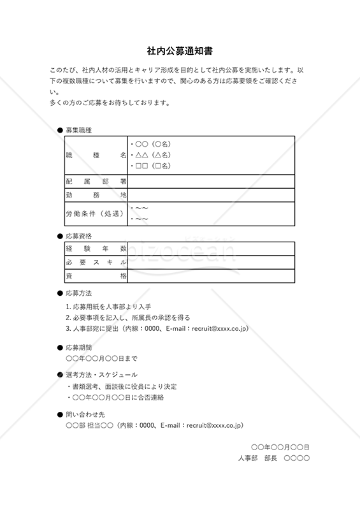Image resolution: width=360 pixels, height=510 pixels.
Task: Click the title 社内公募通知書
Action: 180,49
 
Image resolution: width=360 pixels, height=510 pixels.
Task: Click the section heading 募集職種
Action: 79,130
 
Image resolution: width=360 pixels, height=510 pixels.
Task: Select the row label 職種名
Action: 96,155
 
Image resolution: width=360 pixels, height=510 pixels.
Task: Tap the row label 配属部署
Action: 96,182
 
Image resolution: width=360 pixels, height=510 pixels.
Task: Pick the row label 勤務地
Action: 96,195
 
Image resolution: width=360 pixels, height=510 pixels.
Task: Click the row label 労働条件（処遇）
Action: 95,214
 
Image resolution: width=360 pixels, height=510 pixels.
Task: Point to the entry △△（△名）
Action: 151,155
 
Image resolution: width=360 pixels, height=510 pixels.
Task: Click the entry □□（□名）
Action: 151,166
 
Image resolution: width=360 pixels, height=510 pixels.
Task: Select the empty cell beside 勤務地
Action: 211,195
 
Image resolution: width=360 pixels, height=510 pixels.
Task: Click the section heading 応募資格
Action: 79,236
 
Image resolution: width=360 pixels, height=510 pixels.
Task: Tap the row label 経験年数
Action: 96,249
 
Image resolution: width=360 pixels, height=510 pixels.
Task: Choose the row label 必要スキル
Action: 96,263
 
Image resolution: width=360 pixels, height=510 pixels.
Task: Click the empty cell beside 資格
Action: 211,276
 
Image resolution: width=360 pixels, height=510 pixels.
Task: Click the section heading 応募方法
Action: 79,293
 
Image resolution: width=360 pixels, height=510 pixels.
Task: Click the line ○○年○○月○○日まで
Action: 101,358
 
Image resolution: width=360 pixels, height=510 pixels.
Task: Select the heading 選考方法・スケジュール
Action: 101,375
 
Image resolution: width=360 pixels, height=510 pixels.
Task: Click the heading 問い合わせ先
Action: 83,414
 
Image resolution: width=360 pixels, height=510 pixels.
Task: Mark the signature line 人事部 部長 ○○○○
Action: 273,458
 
